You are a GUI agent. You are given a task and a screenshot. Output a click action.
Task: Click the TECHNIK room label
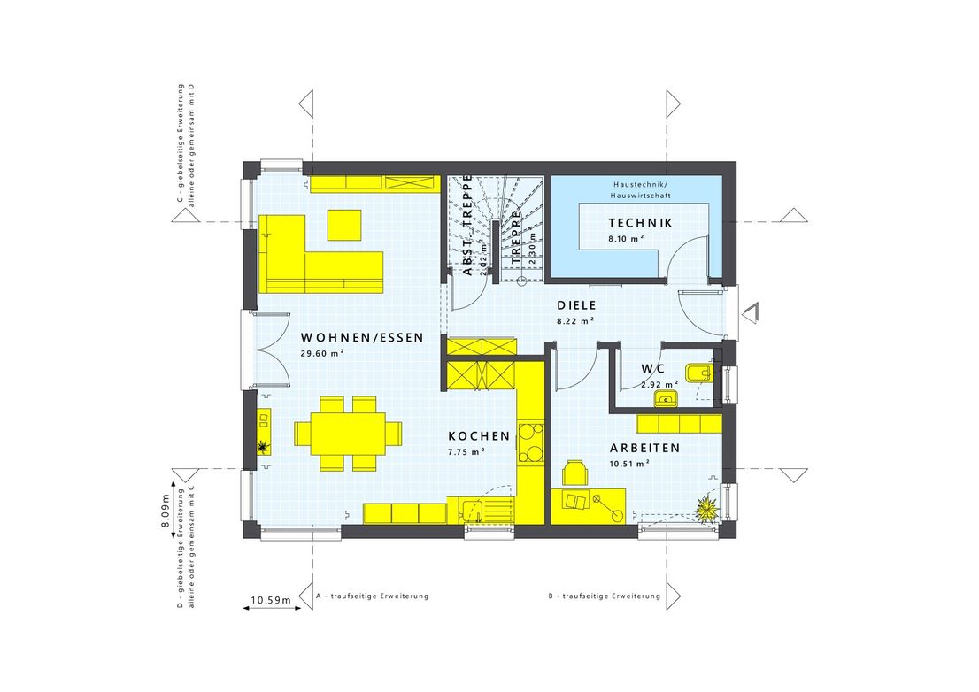point(640,223)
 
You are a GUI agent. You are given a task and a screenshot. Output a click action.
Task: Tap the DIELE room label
point(574,305)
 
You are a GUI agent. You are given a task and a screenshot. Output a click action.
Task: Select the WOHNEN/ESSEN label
point(362,337)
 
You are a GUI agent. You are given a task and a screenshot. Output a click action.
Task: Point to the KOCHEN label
point(479,436)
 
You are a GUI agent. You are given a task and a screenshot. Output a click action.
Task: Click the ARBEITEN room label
point(644,449)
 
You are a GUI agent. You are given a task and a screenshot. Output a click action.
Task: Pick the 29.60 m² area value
point(322,353)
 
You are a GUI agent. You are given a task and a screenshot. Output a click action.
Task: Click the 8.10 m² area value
point(625,240)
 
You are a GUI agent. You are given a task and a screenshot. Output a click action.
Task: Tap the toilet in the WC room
point(699,373)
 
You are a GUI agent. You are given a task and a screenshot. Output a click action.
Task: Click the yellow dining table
point(347,434)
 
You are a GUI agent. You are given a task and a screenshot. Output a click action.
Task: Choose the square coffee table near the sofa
point(344,224)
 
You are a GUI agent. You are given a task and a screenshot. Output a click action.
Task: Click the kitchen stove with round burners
point(529,442)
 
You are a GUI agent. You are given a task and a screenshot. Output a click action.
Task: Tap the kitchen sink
point(472,511)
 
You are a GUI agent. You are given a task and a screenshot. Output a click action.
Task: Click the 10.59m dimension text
point(271,601)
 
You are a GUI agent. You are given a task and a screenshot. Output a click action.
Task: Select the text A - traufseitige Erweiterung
point(372,596)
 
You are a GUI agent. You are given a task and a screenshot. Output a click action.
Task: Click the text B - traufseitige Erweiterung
point(604,596)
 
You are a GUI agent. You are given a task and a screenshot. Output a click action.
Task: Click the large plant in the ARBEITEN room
point(706,510)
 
